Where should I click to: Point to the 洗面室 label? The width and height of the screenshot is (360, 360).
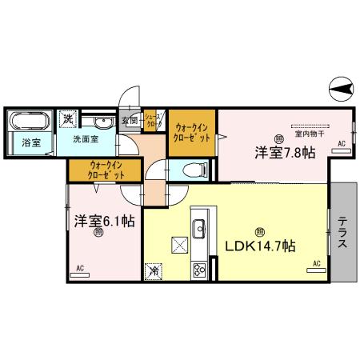pos(86,138)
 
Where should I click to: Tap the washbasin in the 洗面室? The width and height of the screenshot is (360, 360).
pos(102,122)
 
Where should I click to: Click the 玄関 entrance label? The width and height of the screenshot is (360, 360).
pos(130,122)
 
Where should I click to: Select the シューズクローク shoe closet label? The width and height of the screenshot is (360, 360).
pos(154,122)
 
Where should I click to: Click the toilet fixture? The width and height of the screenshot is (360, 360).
pos(193,169)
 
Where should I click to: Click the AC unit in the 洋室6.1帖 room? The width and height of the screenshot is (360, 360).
pos(80,274)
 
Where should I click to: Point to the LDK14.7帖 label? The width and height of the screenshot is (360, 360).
pos(258,246)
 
